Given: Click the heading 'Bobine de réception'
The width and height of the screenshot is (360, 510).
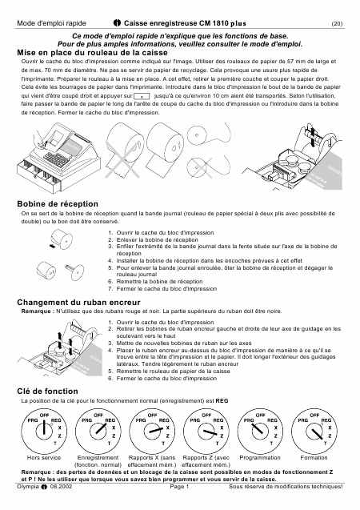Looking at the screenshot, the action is coord(58,204).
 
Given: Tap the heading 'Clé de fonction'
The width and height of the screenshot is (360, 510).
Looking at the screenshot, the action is coord(47,391).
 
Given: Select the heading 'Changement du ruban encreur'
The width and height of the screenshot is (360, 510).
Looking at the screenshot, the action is coord(78,303).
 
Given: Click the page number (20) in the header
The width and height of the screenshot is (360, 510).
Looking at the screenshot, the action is coord(337,24).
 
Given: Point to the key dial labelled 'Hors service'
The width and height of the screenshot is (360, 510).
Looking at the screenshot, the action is coord(44,430).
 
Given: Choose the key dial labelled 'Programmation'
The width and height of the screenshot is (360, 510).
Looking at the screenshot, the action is coord(260,430).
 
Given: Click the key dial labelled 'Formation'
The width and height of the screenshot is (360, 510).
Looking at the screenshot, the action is coord(314,430).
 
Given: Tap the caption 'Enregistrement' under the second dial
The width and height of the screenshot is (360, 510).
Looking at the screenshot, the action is coord(98,458).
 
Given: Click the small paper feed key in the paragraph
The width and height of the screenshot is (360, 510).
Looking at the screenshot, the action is coord(142,96).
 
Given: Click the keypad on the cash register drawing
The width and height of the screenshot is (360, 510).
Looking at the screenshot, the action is coord(56,159).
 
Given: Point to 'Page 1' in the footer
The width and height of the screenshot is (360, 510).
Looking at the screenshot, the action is coord(179,487).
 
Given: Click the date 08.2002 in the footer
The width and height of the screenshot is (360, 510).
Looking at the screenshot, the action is coord(61,487).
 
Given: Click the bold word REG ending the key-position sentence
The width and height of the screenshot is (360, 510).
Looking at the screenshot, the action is coord(222,401).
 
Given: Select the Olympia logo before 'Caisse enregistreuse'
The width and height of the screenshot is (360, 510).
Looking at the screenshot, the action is coord(117,23).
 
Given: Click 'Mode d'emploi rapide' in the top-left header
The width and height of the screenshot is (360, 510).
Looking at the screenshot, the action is coord(51,23).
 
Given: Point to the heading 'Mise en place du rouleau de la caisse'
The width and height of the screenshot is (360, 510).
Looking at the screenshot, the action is coord(92,53).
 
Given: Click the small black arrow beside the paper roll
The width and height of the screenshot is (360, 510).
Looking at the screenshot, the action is coord(52,247).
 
